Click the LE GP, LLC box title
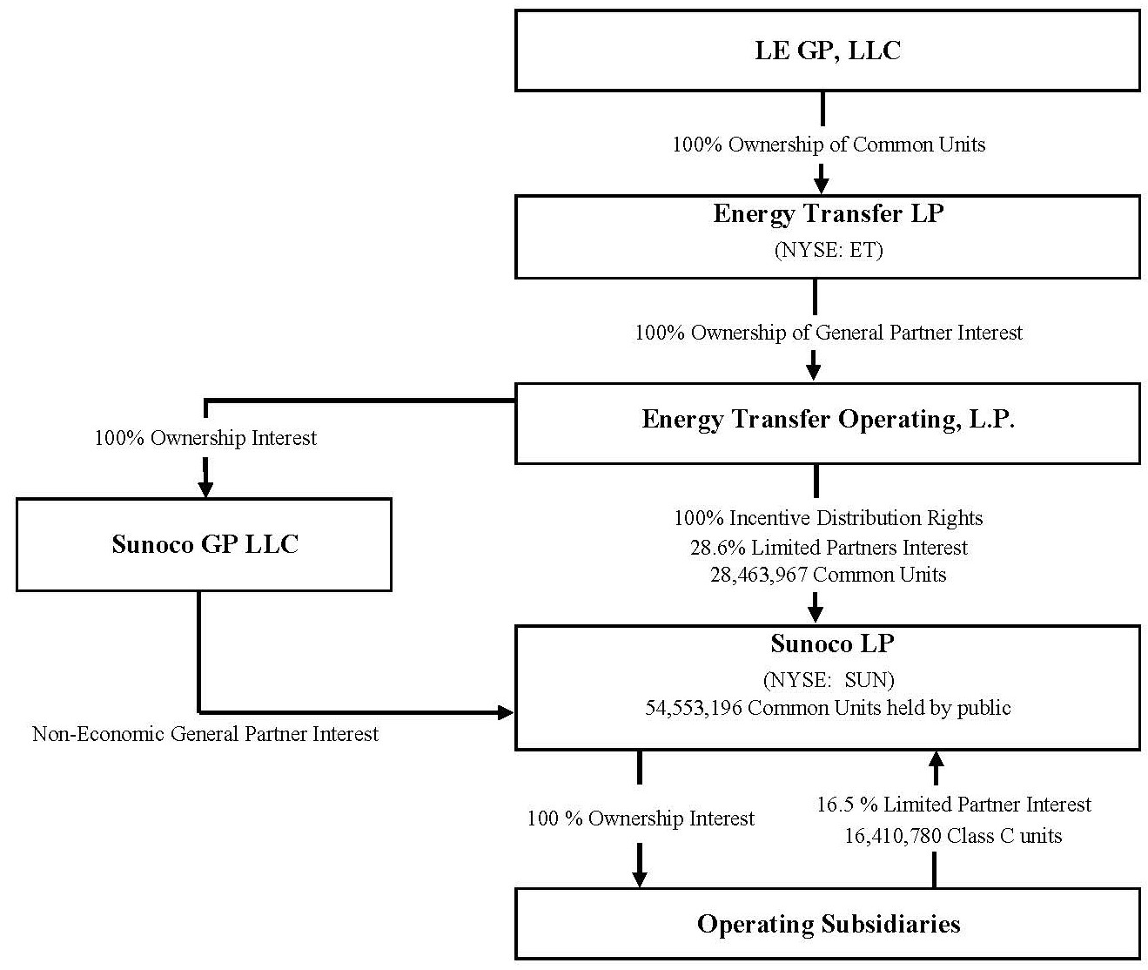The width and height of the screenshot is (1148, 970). [x=827, y=51]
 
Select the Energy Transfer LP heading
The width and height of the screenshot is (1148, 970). [x=827, y=214]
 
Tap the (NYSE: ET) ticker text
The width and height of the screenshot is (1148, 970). [x=828, y=251]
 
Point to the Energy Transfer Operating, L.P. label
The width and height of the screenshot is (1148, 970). [x=828, y=420]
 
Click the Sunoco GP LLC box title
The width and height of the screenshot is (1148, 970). [x=205, y=544]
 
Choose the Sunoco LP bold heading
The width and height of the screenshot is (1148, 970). [x=832, y=643]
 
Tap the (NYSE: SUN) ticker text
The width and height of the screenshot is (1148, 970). [x=828, y=679]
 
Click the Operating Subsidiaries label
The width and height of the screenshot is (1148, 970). [x=828, y=924]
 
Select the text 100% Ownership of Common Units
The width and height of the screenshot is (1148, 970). [x=828, y=145]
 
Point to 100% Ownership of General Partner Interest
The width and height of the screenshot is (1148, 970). [x=828, y=333]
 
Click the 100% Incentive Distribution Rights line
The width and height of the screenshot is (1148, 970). [x=828, y=519]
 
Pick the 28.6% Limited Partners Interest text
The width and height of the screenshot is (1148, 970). [x=828, y=548]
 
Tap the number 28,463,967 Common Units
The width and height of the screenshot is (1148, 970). [x=828, y=575]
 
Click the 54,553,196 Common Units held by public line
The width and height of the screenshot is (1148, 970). [x=828, y=708]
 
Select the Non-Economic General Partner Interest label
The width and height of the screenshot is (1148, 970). [x=205, y=734]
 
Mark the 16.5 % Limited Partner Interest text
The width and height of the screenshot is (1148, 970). [x=953, y=805]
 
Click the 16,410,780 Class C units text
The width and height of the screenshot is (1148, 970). [x=953, y=836]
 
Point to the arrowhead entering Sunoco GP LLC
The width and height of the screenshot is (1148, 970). [x=205, y=488]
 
